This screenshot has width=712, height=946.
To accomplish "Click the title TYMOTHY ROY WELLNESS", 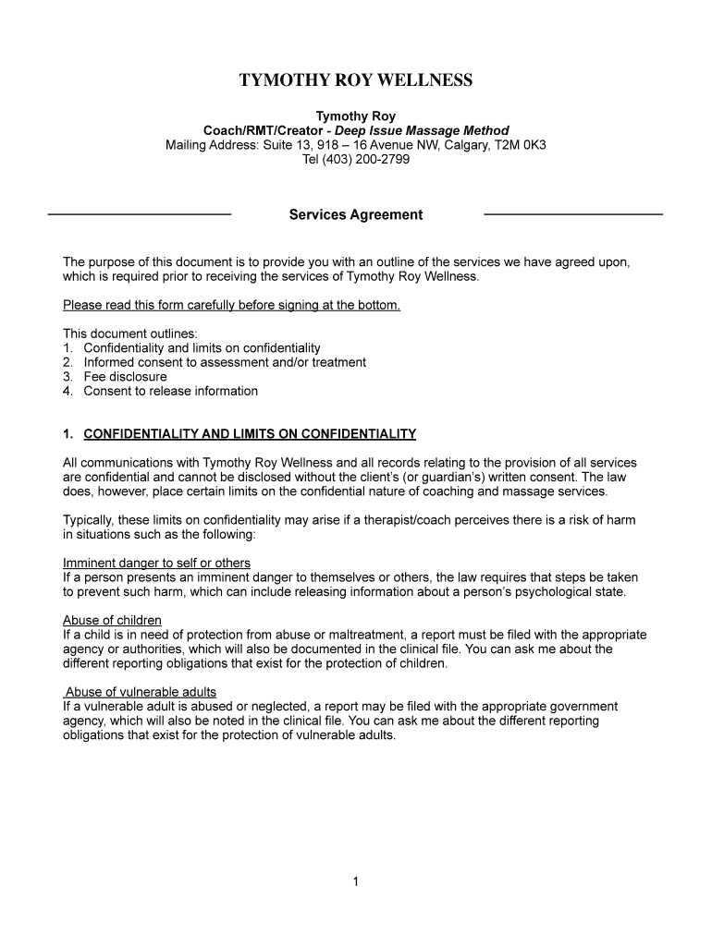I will point(356,80).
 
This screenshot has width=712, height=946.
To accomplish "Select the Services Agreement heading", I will point(356,215).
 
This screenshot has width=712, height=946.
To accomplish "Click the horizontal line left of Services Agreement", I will point(139,214).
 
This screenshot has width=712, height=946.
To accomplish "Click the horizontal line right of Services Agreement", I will point(573,214).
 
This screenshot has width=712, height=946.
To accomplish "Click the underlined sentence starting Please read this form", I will point(231,305).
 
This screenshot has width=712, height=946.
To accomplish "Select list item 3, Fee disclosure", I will point(125,377).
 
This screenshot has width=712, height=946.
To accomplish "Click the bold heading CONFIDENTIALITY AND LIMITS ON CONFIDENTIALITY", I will point(250,434).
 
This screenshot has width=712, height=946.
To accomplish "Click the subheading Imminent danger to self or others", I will point(156,563).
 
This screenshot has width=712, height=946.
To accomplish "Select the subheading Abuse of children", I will point(112,620).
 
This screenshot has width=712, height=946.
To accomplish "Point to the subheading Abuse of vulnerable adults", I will point(141,692).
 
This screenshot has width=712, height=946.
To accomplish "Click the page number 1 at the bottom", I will point(356,881).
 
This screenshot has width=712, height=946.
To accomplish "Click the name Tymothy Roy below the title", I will point(356,116).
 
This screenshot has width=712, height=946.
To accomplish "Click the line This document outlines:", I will point(130,334).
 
